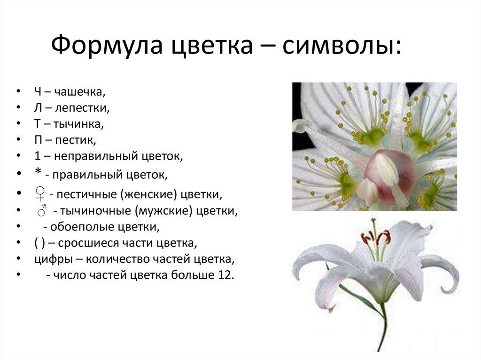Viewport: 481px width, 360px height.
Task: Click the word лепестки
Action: pyautogui.click(x=82, y=108)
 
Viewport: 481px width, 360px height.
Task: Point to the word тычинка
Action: pyautogui.click(x=81, y=124)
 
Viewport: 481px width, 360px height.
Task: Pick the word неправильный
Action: pyautogui.click(x=85, y=156)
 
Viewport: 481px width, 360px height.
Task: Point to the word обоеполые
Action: pyautogui.click(x=78, y=227)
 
